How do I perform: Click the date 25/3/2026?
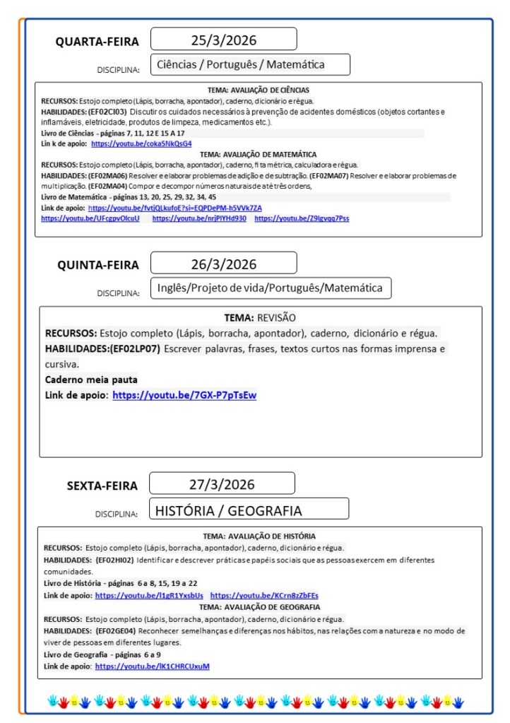click(x=223, y=39)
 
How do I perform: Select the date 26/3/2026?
click(x=223, y=264)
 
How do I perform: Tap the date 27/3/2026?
click(x=223, y=485)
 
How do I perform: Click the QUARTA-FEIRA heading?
click(x=97, y=42)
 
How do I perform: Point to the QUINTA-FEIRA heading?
click(x=98, y=265)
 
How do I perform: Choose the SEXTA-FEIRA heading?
click(x=102, y=486)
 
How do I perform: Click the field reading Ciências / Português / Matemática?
click(x=241, y=64)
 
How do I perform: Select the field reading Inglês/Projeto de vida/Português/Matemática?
click(x=270, y=288)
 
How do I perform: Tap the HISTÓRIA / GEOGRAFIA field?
click(x=228, y=510)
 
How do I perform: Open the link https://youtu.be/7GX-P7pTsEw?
click(x=184, y=395)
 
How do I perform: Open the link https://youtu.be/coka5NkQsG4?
click(x=141, y=143)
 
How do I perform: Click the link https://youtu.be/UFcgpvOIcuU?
click(x=90, y=218)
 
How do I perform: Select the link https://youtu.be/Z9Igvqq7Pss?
click(x=302, y=218)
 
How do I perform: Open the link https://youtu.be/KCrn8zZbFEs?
click(x=264, y=596)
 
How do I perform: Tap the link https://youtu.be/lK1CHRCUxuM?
click(x=153, y=666)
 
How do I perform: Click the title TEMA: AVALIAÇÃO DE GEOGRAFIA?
click(x=259, y=606)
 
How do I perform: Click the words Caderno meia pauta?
click(x=91, y=380)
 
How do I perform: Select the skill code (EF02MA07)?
click(x=331, y=175)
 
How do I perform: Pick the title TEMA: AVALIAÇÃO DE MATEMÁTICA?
click(x=258, y=153)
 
